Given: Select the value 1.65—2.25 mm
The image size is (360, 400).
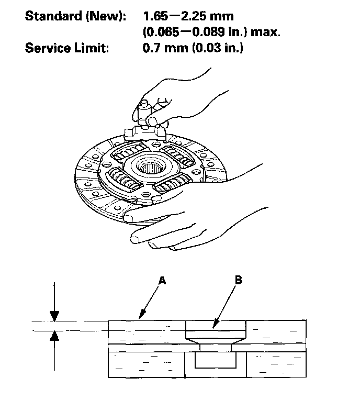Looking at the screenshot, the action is point(188,16).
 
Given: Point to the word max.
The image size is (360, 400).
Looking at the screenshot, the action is point(266,32).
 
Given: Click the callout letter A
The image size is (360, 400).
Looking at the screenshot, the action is point(162,282).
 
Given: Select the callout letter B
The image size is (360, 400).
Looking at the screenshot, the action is point(238,281).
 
